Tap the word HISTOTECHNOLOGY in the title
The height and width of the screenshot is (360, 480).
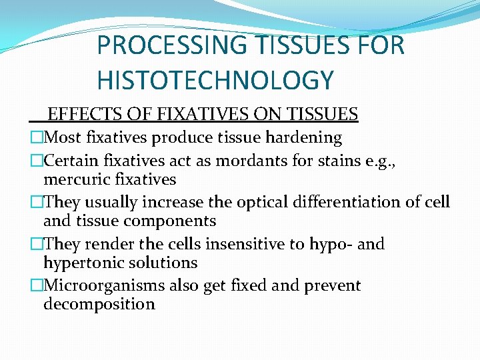click(x=215, y=80)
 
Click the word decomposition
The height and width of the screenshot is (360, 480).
click(x=99, y=304)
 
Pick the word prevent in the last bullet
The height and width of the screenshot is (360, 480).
click(x=333, y=285)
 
